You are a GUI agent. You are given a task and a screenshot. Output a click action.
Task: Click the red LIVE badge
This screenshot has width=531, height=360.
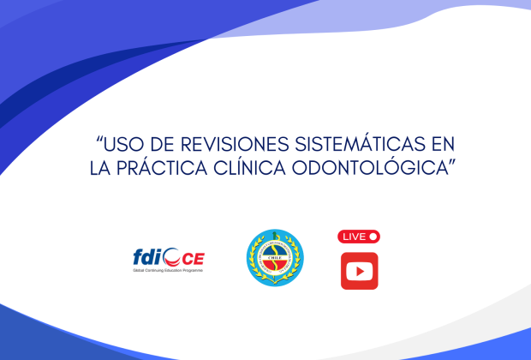pos(360,237)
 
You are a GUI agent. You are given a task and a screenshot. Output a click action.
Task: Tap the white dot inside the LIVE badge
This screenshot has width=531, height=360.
pos(373,237)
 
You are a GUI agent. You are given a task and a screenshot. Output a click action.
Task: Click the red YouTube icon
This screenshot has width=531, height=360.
pos(360,271)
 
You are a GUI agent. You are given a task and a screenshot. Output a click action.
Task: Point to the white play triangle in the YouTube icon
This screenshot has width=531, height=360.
pos(360,271)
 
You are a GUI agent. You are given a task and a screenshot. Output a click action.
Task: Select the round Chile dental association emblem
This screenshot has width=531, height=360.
pos(274,258)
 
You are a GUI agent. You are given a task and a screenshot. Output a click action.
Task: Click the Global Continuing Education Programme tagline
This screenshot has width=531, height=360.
pos(168,270)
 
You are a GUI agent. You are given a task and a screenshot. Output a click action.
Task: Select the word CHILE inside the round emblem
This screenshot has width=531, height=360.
pos(274,242)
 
